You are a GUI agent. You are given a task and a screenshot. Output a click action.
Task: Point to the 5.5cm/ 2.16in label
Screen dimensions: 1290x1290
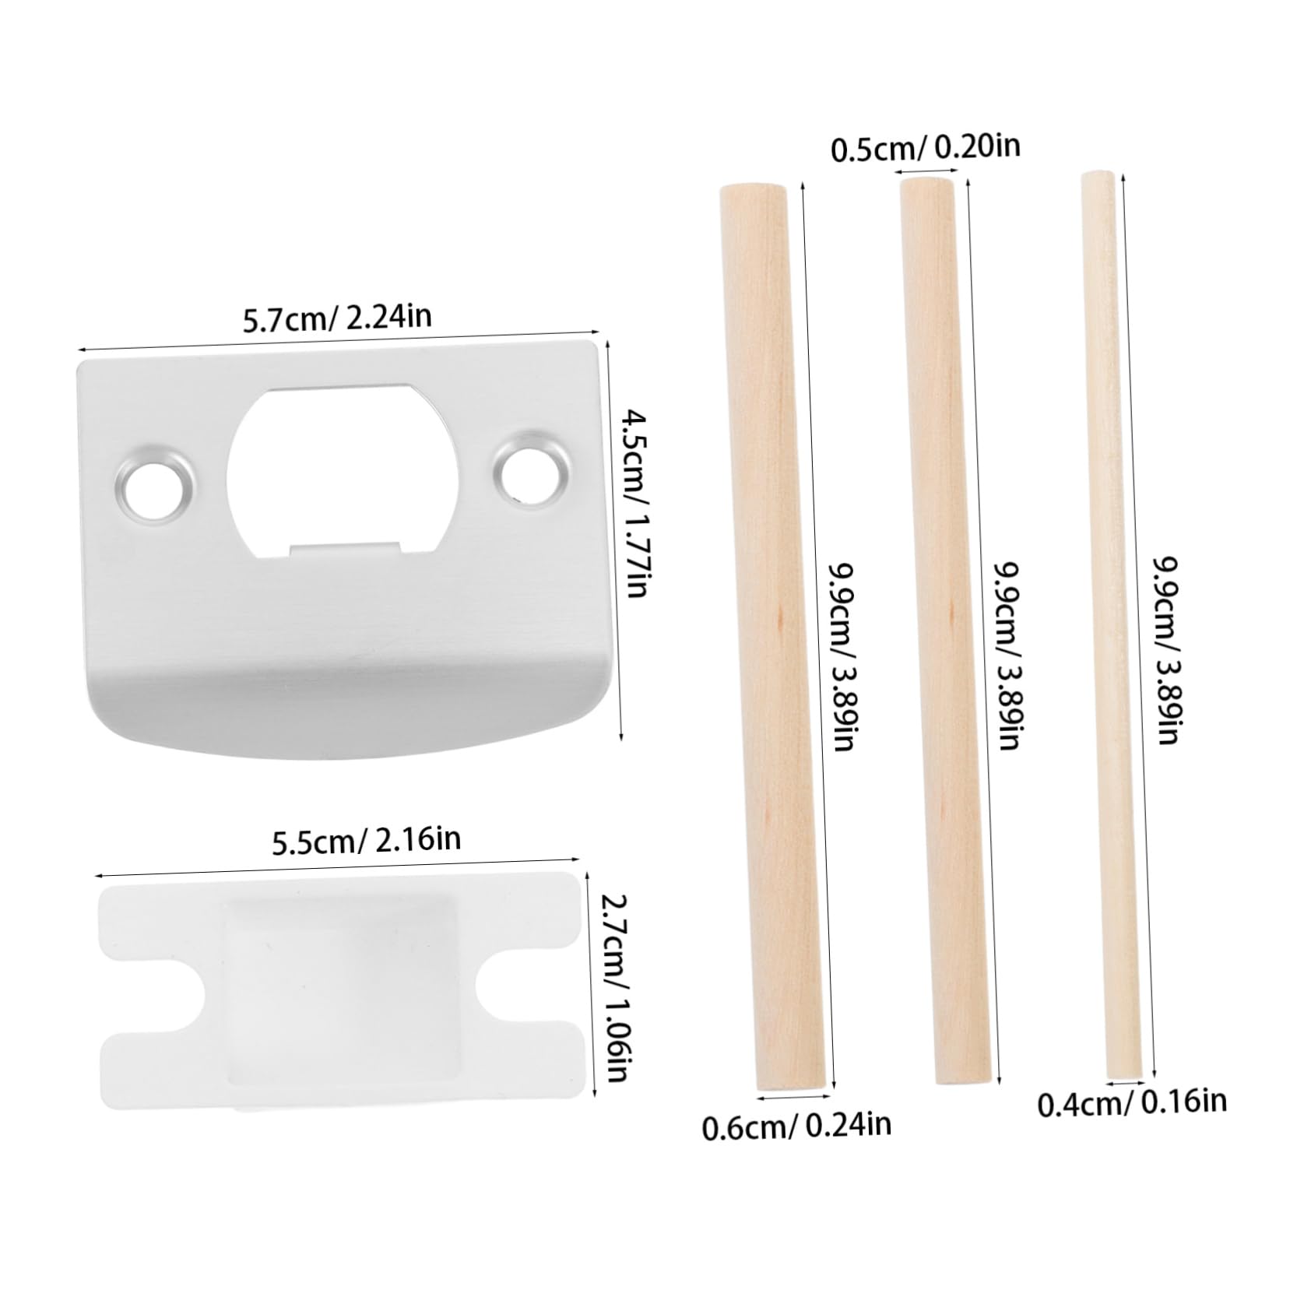pos(366,840)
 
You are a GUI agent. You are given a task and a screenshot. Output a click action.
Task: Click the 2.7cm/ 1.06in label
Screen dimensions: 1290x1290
pos(614,987)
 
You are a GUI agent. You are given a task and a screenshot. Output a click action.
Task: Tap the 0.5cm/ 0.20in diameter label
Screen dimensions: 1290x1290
pos(926,148)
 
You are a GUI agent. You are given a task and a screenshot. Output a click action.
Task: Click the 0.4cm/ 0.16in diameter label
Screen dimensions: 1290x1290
pos(1132,1102)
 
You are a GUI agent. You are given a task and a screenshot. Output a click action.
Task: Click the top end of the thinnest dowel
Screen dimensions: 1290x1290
pos(1097,178)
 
